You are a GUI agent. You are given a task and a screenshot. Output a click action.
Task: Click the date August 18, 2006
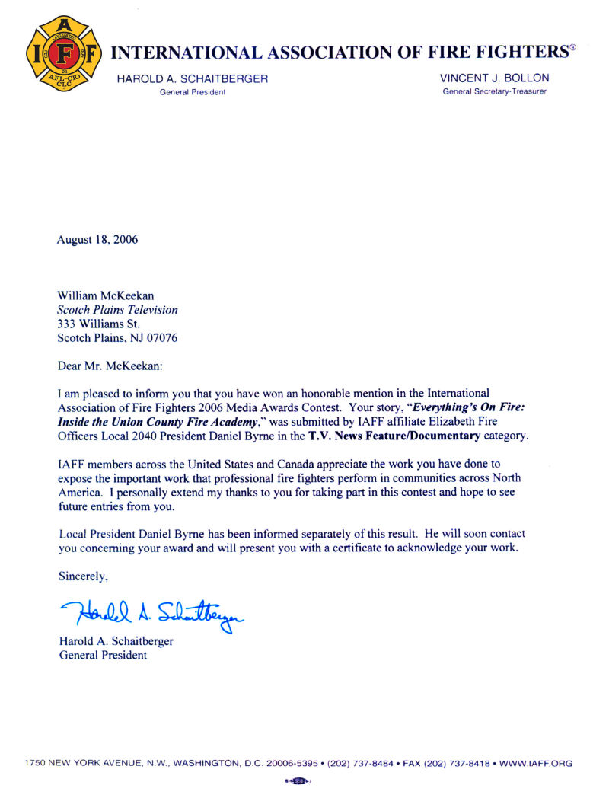tap(97, 240)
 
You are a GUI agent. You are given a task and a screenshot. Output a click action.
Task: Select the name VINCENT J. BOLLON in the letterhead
tap(494, 78)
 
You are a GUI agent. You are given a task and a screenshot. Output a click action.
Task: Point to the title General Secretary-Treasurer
tap(494, 92)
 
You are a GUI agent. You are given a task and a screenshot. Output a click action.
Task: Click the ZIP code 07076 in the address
tap(162, 338)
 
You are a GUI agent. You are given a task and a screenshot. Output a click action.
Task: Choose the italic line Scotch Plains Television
tap(118, 310)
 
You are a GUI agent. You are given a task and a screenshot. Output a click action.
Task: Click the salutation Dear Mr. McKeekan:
tap(111, 366)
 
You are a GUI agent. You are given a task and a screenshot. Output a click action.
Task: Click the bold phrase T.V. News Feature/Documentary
tap(394, 436)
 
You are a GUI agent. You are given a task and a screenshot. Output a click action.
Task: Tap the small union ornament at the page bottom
tap(298, 781)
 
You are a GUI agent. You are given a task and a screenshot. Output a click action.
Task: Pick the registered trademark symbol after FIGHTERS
tap(573, 49)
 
